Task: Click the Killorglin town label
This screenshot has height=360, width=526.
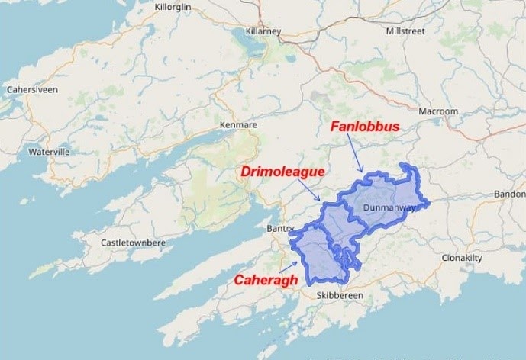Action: [173, 7]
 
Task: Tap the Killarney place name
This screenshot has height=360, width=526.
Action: [263, 31]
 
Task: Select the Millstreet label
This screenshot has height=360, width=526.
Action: [407, 31]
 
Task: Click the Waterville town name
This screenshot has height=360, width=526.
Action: [49, 152]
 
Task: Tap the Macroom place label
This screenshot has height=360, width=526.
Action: [437, 111]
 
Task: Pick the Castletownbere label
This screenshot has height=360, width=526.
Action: [134, 243]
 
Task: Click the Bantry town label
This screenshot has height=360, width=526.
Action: [280, 229]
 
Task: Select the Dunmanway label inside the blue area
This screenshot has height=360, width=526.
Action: [389, 207]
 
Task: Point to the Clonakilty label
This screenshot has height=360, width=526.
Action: [462, 258]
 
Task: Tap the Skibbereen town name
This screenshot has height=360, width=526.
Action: [340, 295]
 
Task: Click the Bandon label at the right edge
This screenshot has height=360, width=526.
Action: [510, 194]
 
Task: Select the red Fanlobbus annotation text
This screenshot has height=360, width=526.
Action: [363, 126]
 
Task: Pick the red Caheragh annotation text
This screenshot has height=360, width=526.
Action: [265, 280]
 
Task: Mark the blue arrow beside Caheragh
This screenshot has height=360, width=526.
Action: [289, 266]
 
